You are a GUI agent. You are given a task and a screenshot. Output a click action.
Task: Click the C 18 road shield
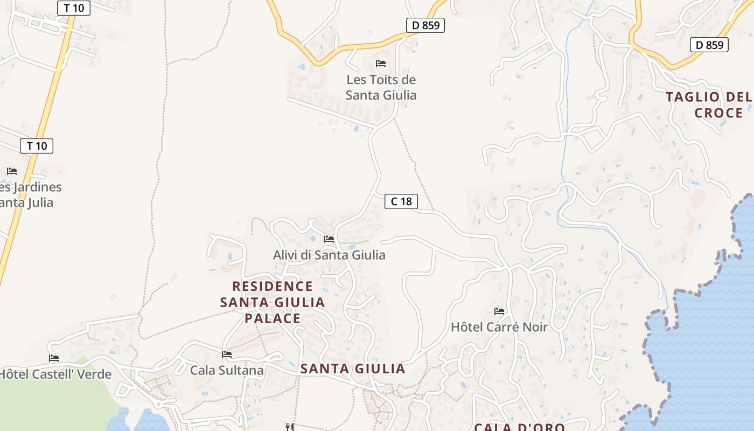[x=401, y=201]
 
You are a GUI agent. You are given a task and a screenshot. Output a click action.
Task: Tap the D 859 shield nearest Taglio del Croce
[x=709, y=45]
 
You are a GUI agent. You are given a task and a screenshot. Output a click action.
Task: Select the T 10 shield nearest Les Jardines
[x=37, y=145]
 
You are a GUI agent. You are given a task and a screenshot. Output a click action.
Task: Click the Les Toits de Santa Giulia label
[x=381, y=87]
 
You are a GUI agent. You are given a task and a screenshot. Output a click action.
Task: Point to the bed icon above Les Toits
[x=381, y=64]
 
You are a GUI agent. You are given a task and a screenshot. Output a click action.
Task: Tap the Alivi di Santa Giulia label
[x=329, y=255]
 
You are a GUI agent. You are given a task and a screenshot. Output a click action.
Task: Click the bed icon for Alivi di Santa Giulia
[x=329, y=239]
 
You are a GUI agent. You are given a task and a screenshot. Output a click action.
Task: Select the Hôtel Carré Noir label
[x=499, y=327]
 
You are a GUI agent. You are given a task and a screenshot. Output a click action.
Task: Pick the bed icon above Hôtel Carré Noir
[x=499, y=311]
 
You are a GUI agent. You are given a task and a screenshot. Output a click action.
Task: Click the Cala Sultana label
[x=227, y=370]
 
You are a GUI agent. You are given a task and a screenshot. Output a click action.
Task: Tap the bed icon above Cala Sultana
[x=227, y=354]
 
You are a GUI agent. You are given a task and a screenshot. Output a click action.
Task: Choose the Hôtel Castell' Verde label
[x=55, y=374]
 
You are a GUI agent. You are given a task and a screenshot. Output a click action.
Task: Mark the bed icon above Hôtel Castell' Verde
[x=54, y=358]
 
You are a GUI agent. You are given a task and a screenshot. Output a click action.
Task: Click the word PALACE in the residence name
[x=273, y=318]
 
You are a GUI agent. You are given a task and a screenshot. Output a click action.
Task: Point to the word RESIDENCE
[x=273, y=286]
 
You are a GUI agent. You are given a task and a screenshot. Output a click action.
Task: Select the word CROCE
[x=718, y=113]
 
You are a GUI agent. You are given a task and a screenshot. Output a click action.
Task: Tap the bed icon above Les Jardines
[x=12, y=171]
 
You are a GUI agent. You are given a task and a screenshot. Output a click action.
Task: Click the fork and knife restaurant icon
[x=290, y=427]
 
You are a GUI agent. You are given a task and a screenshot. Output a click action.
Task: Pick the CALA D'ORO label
[x=519, y=427]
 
